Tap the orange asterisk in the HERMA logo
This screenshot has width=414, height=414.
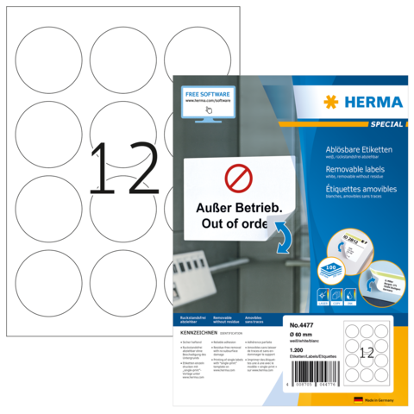tap(331, 102)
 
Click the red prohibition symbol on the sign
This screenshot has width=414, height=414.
tap(238, 179)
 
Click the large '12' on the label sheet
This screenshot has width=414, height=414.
tap(124, 167)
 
